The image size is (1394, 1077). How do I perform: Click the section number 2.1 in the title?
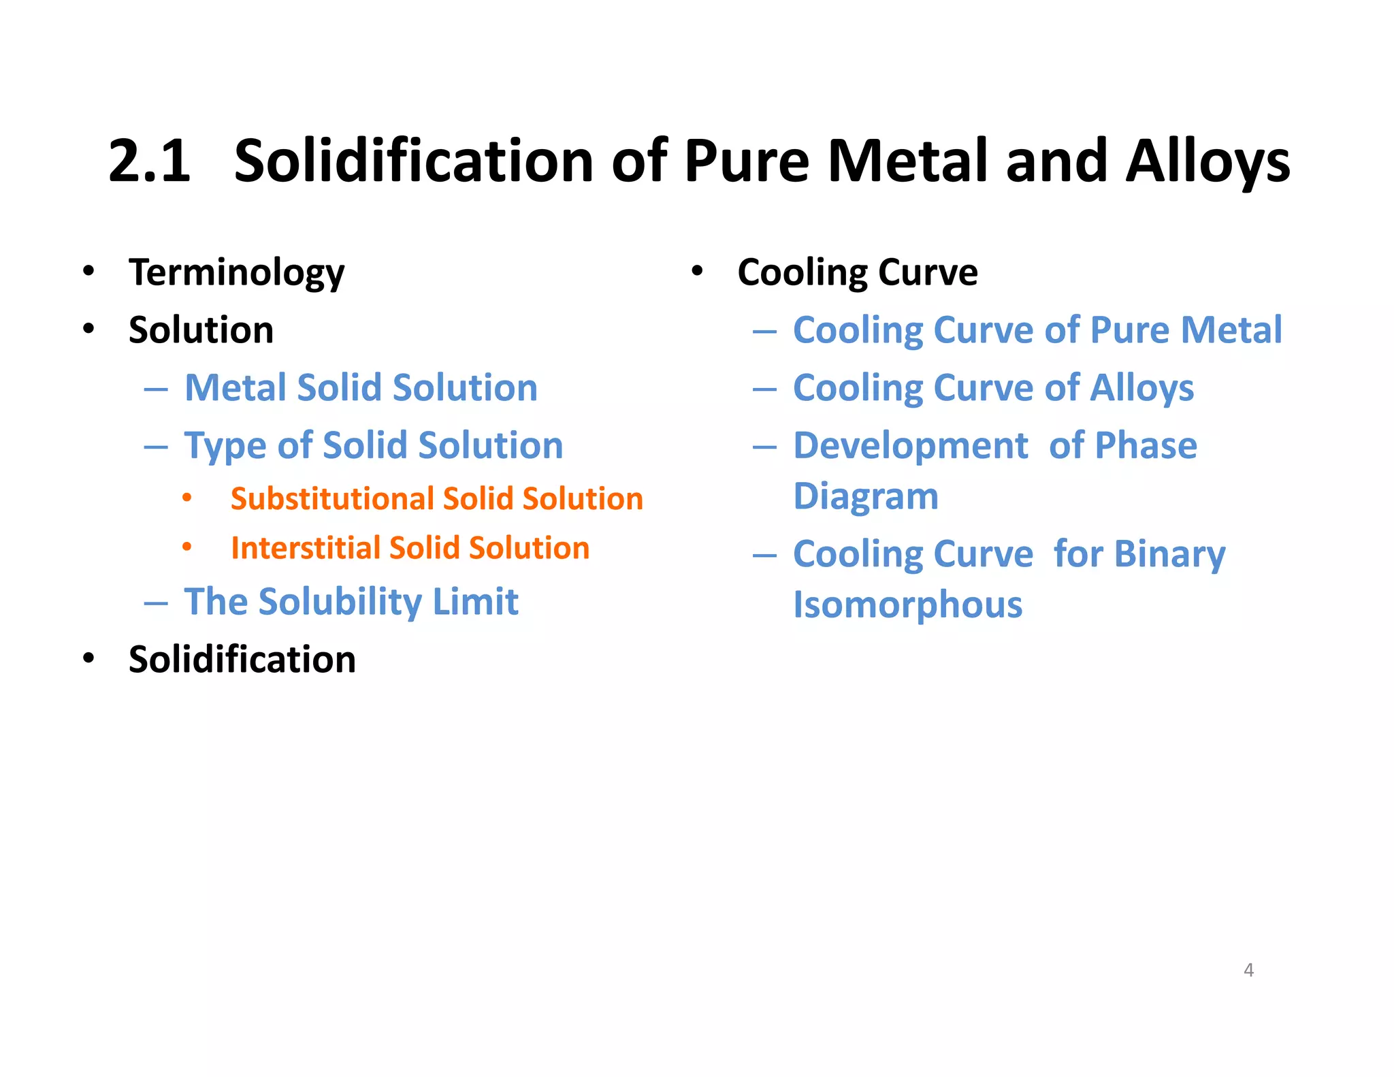coord(150,161)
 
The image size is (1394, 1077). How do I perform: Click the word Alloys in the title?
coord(1207,161)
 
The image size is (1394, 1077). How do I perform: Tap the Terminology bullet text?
coord(236,272)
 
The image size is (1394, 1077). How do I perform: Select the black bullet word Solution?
coord(201,330)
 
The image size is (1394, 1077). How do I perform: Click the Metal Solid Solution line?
coord(361,388)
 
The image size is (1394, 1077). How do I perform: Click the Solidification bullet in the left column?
coord(242,660)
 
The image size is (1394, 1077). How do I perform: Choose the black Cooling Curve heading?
coord(858,272)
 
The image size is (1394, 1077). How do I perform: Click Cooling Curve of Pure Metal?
coord(1037,330)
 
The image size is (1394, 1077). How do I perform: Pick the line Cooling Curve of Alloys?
coord(993,388)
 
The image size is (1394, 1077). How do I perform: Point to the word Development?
coord(911,446)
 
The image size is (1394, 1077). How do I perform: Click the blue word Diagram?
coord(866,496)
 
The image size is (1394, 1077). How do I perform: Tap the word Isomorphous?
coord(908,605)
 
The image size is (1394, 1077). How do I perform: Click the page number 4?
coord(1248,969)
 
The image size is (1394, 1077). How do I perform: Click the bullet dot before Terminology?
coord(88,271)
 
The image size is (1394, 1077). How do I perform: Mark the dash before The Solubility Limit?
coord(156,603)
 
